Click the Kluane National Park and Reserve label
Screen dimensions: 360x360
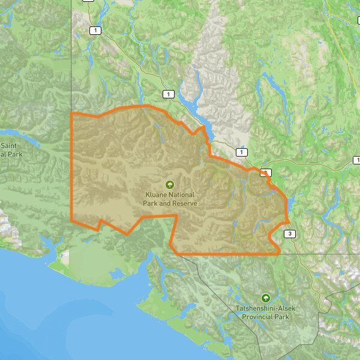pos(170,199)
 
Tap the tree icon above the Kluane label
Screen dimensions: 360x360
pos(170,185)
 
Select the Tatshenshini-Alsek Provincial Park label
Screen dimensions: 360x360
pos(262,313)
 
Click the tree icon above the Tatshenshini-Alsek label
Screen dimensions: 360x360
pos(265,298)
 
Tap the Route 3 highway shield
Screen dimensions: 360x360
pos(290,233)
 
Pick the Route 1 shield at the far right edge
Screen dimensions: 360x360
pos(356,160)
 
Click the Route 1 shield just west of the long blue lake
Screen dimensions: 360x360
pos(169,94)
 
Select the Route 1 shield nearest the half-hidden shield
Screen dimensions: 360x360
pos(242,153)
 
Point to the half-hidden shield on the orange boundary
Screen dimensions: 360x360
pos(266,172)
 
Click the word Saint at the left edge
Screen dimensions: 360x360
pos(8,146)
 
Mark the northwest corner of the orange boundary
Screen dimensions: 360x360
pos(72,113)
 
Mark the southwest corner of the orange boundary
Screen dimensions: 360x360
pos(72,219)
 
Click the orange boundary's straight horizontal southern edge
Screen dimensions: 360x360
pos(228,254)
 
